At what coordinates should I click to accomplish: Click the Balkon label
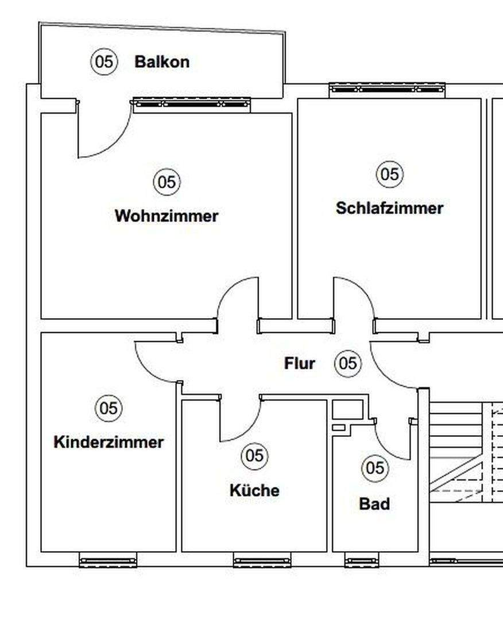(161, 62)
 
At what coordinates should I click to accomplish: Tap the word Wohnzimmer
(167, 216)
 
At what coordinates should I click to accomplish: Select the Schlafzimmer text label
(389, 208)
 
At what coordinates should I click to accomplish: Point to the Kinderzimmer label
(109, 443)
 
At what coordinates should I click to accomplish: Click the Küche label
(254, 491)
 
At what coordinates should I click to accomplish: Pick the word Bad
(374, 504)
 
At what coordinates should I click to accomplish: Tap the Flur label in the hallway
(300, 363)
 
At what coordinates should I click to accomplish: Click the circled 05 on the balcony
(104, 61)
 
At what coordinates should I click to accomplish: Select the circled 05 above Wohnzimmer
(167, 182)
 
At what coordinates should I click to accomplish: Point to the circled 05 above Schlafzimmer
(389, 173)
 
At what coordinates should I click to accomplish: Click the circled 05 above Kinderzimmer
(109, 408)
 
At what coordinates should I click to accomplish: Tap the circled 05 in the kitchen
(254, 456)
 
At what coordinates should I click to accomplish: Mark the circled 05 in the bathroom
(374, 468)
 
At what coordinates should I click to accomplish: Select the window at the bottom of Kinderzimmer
(108, 562)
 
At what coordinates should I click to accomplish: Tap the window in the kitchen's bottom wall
(261, 562)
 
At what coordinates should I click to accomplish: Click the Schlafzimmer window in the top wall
(387, 89)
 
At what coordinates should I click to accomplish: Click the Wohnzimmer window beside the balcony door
(191, 104)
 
